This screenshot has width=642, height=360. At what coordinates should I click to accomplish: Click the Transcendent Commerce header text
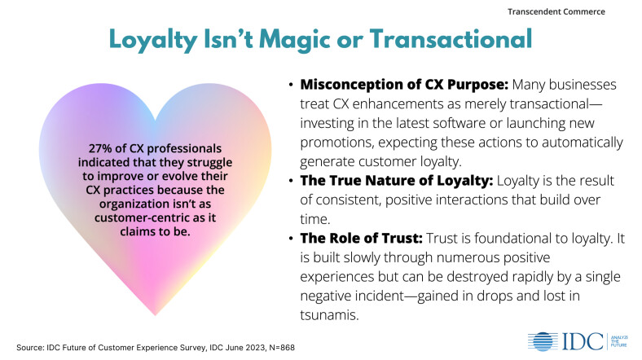click(x=578, y=12)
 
